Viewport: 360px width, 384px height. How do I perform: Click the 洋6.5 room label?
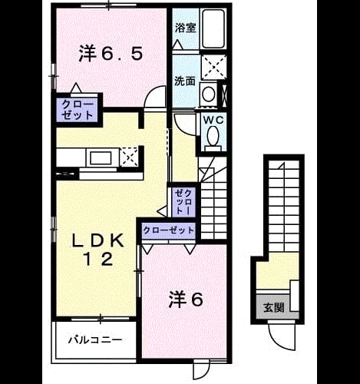[x=111, y=54]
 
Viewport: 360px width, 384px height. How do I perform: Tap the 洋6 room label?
[x=186, y=300]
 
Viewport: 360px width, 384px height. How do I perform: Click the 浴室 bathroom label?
[x=186, y=28]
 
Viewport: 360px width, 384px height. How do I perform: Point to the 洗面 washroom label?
[x=185, y=81]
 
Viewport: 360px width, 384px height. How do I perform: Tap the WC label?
[x=213, y=120]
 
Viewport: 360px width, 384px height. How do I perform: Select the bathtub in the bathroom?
[x=213, y=28]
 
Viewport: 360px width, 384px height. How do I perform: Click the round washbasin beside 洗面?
[x=208, y=94]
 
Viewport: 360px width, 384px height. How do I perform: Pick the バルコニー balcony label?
[x=95, y=340]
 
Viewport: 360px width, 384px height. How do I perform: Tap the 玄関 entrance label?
[x=274, y=307]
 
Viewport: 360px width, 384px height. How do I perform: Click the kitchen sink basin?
[x=101, y=158]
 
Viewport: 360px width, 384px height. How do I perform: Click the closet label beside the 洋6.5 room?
[x=78, y=111]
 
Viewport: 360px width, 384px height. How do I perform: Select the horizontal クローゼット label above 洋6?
[x=169, y=230]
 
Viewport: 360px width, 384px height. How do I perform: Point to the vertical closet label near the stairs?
[x=183, y=201]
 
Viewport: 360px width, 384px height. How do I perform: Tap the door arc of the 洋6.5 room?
[x=153, y=94]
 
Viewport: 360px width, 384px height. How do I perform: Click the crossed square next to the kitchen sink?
[x=129, y=157]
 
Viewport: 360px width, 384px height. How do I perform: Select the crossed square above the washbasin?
[x=214, y=68]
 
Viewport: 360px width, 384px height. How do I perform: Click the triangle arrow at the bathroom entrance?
[x=177, y=45]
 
